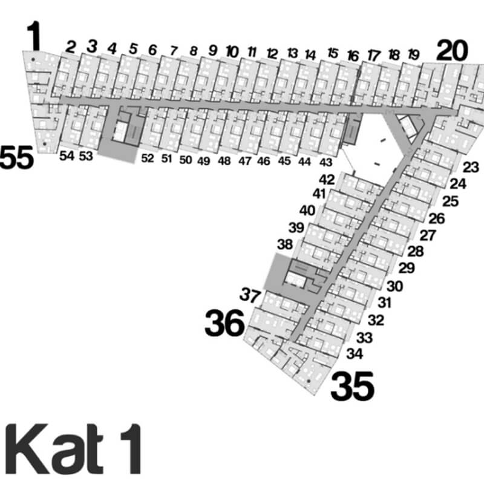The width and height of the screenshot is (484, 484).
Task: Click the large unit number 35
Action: [x=353, y=387]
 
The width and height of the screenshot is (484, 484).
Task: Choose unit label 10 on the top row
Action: [x=232, y=51]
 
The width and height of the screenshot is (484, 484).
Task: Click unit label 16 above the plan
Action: [x=353, y=56]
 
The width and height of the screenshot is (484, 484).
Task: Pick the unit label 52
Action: [x=148, y=159]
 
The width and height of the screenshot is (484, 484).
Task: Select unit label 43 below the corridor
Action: [x=325, y=162]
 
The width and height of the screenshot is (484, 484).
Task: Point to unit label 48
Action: [x=224, y=161]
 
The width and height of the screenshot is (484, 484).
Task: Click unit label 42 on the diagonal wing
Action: [x=327, y=180]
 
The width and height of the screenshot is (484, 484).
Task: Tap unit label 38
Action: [x=284, y=245]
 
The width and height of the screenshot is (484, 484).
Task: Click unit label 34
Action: [x=355, y=352]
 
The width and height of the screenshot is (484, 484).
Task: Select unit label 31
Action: [x=385, y=302]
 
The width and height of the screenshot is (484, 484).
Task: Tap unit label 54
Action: [x=67, y=156]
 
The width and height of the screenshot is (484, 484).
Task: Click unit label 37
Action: [x=250, y=296]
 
